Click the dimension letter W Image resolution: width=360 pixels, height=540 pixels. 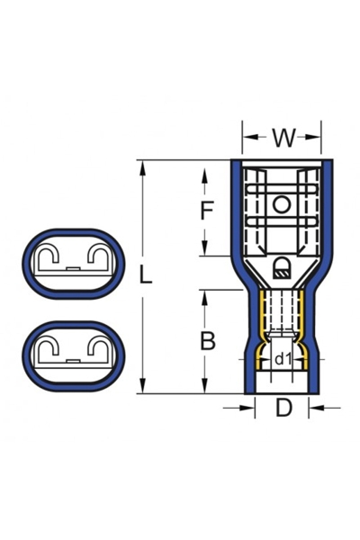click(283, 138)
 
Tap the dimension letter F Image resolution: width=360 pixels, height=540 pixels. click(207, 211)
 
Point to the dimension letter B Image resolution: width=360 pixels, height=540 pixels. click(207, 342)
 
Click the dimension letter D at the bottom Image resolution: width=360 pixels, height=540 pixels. click(283, 408)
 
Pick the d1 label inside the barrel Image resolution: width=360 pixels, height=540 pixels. click(282, 359)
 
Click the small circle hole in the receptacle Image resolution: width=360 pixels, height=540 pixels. click(282, 206)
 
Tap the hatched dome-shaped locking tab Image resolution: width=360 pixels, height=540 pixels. click(282, 265)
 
